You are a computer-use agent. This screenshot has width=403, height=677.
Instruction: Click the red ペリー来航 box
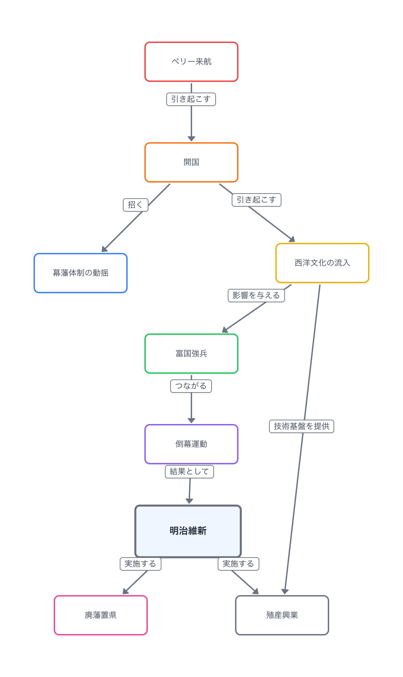click(x=191, y=62)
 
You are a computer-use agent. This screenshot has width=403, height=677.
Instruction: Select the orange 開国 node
click(x=191, y=162)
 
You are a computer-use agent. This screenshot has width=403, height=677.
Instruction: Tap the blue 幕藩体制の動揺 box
click(x=81, y=273)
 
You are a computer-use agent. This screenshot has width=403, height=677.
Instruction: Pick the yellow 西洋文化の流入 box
click(x=322, y=263)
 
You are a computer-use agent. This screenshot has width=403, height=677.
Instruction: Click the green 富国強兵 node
click(x=191, y=354)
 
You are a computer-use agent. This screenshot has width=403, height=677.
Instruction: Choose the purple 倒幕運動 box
click(x=191, y=444)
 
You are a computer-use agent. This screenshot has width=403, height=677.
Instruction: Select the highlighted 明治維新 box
click(x=188, y=531)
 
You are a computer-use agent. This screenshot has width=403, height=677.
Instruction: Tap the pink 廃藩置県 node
click(x=101, y=615)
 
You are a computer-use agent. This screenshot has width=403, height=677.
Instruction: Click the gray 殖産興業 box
click(x=282, y=615)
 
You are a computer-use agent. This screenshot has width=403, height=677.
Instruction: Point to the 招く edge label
click(x=135, y=205)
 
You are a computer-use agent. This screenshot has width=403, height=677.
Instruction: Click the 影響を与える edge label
click(x=256, y=296)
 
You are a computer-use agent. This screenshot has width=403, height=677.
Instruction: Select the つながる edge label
click(x=191, y=386)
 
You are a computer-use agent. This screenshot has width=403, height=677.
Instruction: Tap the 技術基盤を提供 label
click(x=302, y=426)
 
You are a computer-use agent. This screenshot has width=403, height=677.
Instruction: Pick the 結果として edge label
click(x=189, y=472)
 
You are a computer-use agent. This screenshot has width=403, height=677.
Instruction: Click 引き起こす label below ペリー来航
click(x=191, y=99)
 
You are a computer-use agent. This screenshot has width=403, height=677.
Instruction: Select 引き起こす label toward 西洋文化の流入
click(x=257, y=200)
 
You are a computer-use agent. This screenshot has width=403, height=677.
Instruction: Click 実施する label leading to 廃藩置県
click(x=140, y=564)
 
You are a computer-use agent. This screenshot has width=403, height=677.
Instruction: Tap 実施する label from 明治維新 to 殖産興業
click(x=238, y=564)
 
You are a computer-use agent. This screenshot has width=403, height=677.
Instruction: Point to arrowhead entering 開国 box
click(x=191, y=139)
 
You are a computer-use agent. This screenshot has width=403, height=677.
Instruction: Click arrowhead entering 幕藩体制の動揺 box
click(x=104, y=249)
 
